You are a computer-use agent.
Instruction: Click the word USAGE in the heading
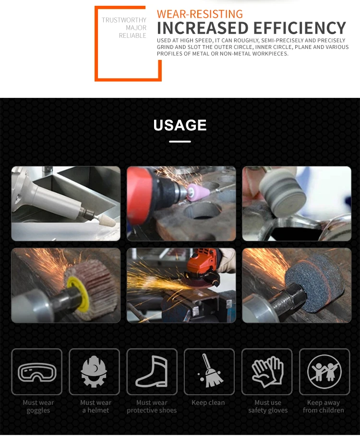point(180,125)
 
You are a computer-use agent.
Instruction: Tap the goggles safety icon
point(37,372)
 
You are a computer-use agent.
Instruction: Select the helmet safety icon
point(94,372)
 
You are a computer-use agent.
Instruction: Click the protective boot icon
point(152,372)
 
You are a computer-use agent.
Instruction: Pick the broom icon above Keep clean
point(210,371)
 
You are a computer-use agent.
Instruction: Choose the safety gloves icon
point(267,372)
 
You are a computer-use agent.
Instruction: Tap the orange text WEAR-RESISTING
point(200,13)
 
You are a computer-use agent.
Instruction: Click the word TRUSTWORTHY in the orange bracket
point(124,20)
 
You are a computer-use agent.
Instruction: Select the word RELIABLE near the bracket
point(132,35)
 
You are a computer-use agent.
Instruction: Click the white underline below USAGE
point(180,141)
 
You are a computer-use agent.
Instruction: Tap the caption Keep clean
point(208,403)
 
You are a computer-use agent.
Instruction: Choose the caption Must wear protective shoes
point(152,407)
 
